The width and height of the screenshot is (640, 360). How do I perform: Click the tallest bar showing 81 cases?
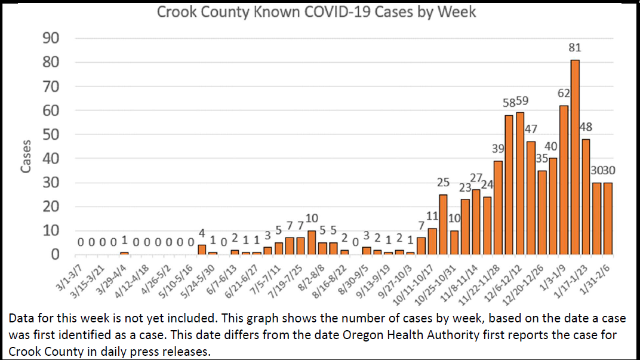[x=575, y=158]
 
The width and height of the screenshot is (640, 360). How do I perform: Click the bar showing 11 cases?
[x=432, y=242]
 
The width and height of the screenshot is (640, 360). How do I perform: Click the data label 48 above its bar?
[x=586, y=127]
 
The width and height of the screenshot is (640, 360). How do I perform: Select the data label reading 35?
[x=541, y=159]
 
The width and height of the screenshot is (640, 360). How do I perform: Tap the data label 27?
[x=476, y=178]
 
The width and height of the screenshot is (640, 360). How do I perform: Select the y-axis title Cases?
[x=26, y=159]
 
